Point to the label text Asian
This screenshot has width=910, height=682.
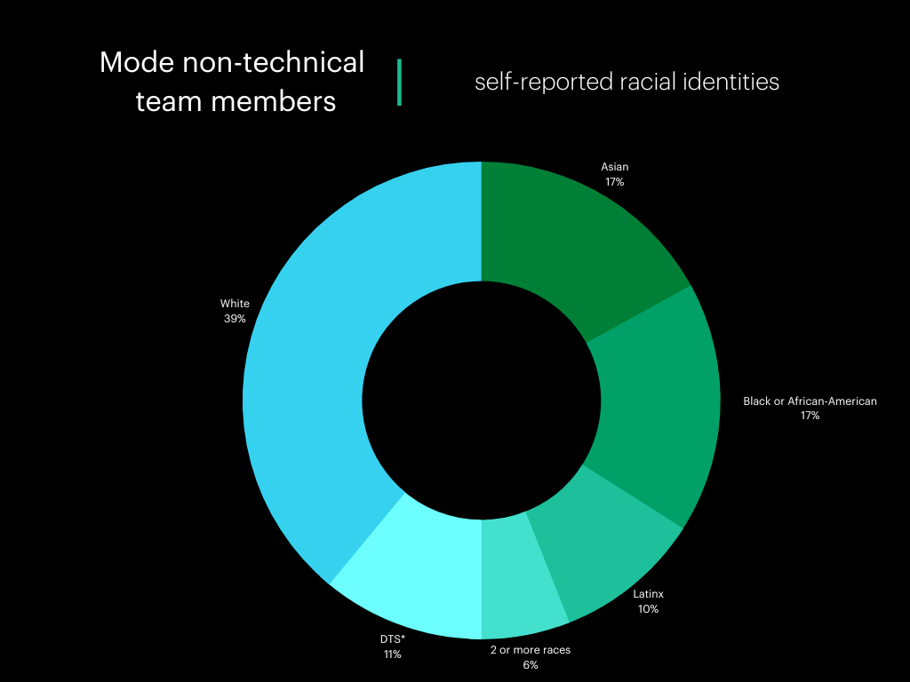[x=615, y=167]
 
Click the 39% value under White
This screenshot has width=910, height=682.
[x=235, y=318]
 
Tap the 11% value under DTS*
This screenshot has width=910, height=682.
[x=392, y=654]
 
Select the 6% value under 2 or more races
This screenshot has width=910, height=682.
[x=531, y=664]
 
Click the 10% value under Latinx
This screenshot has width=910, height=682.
[x=648, y=609]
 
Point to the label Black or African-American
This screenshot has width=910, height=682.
[x=810, y=401]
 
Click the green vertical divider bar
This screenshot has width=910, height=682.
[x=399, y=83]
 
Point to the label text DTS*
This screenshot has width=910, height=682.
[x=393, y=639]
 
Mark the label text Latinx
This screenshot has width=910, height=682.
[x=648, y=594]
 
